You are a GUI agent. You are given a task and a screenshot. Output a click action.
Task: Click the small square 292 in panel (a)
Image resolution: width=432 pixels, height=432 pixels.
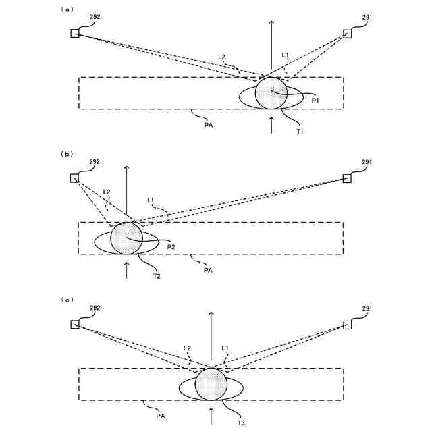click(x=76, y=34)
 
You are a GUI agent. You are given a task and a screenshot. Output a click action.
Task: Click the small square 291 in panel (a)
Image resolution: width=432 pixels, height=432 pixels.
click(x=348, y=34)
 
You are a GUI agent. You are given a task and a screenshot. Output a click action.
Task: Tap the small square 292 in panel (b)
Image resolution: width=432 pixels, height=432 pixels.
click(x=75, y=178)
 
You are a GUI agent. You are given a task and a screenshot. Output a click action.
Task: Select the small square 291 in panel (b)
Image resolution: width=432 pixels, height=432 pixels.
click(x=348, y=178)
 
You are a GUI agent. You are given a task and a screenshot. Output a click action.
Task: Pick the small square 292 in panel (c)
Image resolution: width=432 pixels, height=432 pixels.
click(x=75, y=325)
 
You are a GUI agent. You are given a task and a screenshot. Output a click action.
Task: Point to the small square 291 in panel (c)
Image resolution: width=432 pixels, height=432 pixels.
click(x=348, y=325)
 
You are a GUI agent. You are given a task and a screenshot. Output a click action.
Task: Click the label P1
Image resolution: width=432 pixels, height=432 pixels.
click(x=315, y=99)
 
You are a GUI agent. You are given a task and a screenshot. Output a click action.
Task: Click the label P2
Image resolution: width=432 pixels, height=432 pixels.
click(x=171, y=247)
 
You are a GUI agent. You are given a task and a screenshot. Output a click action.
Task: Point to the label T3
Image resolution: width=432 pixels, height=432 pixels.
click(x=241, y=423)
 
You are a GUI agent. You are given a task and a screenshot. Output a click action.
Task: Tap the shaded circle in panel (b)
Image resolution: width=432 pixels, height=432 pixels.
click(x=127, y=238)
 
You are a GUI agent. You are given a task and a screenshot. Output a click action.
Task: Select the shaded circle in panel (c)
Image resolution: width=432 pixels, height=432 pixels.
click(x=211, y=385)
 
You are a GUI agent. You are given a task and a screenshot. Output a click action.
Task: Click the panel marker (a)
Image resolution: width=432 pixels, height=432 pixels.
click(x=67, y=9)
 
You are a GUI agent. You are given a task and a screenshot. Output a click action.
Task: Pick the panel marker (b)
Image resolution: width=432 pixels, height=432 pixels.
click(x=67, y=154)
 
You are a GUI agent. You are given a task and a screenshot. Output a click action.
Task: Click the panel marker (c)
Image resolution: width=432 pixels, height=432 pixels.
click(x=67, y=300)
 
